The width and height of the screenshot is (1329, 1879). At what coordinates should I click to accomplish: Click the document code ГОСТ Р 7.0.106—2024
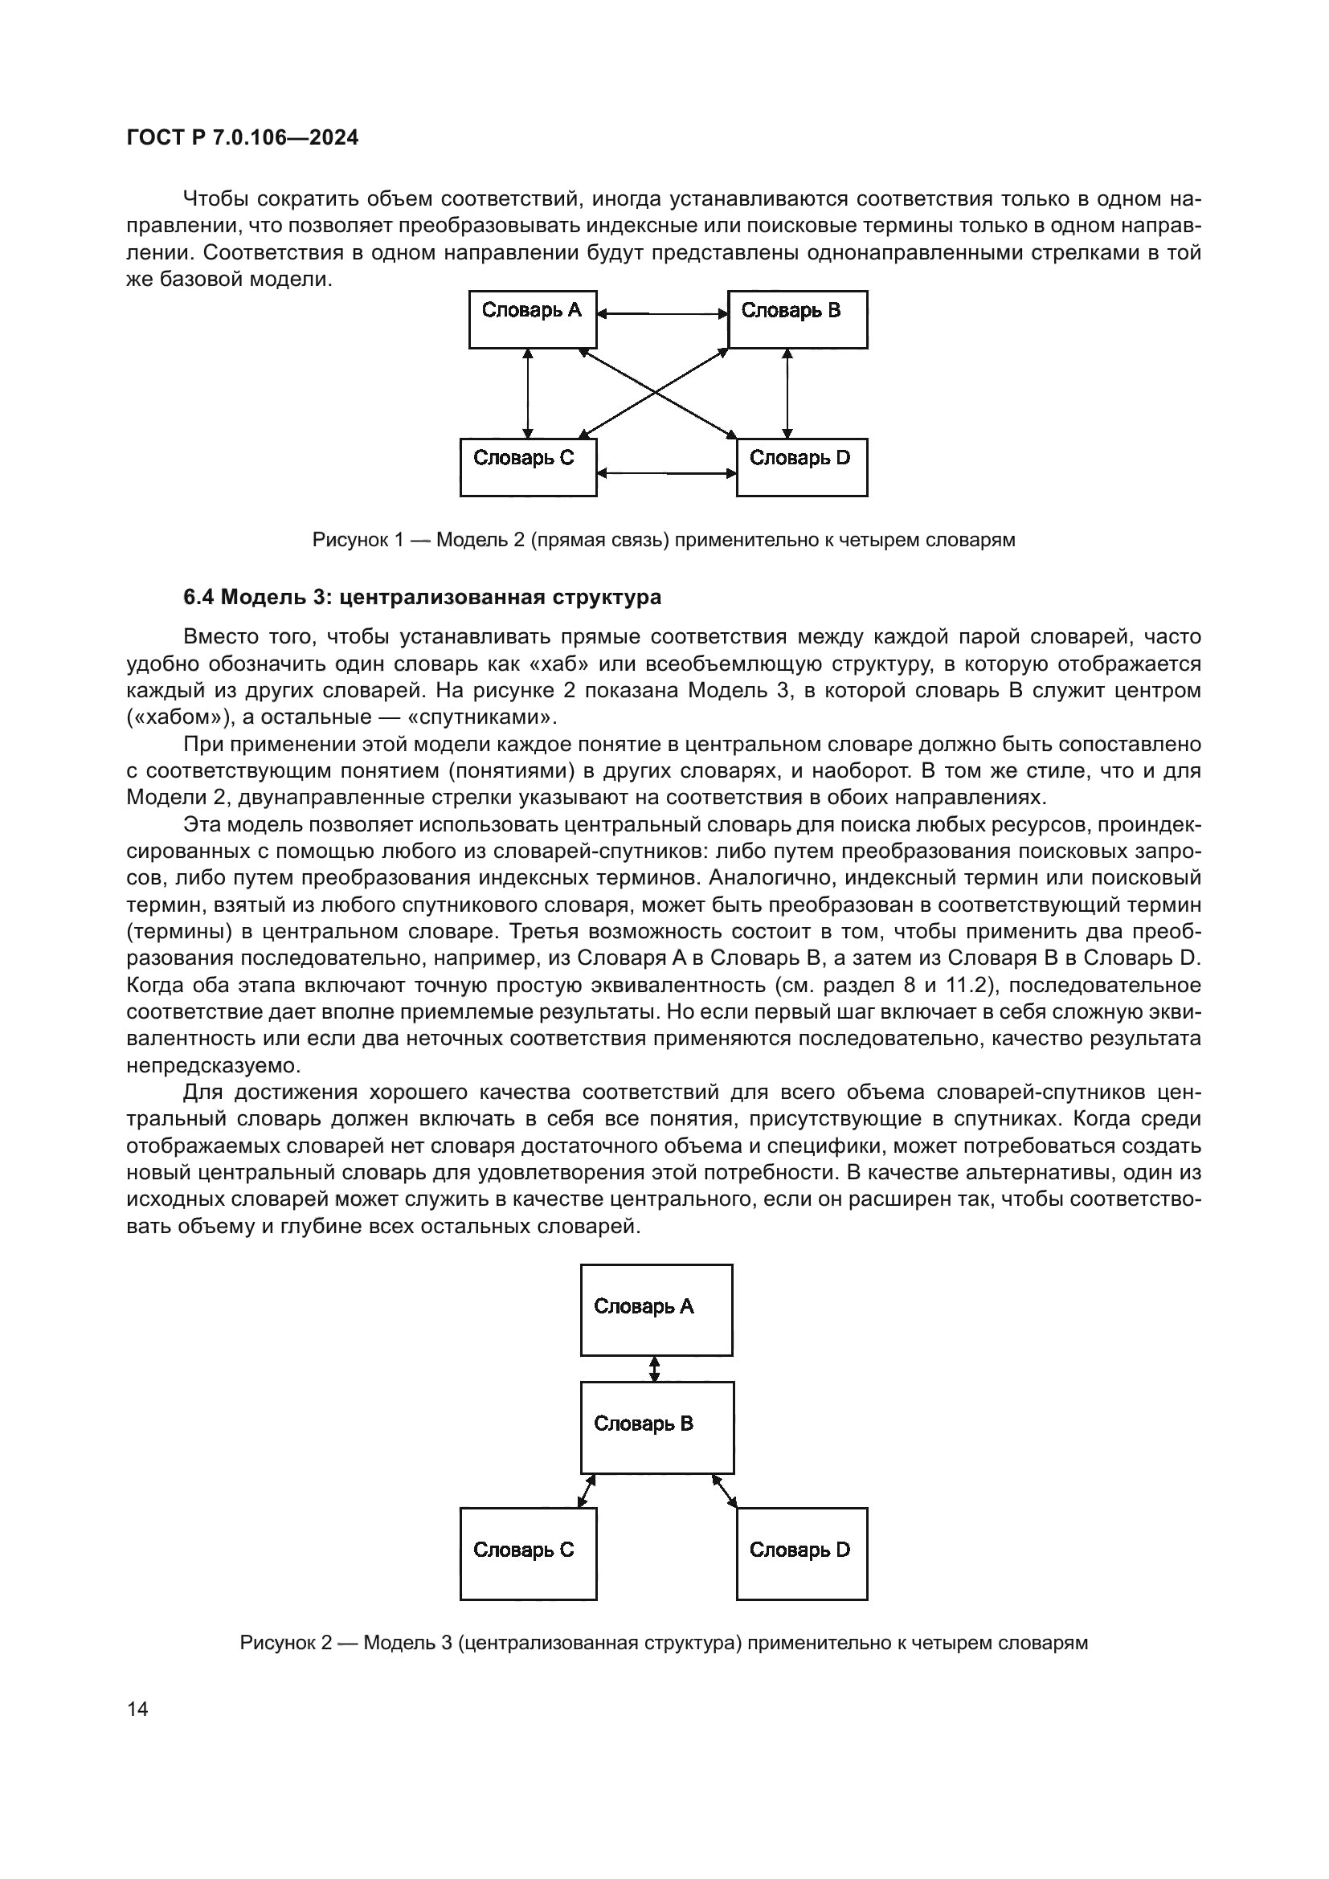[x=242, y=137]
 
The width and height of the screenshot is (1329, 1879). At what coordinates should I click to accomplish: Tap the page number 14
[x=137, y=1709]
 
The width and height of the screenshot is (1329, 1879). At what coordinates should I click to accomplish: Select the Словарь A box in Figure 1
[x=532, y=319]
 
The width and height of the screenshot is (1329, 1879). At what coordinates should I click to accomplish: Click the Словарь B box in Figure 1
[x=797, y=319]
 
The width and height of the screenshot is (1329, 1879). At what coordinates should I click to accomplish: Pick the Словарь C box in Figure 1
[x=528, y=468]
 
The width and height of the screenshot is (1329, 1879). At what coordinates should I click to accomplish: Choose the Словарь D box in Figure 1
[x=801, y=468]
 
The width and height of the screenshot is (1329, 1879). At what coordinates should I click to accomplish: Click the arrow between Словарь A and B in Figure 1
[x=662, y=313]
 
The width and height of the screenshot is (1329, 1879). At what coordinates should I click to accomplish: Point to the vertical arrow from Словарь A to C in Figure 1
[x=528, y=394]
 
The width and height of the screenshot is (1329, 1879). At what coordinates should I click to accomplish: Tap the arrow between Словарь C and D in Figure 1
[x=666, y=472]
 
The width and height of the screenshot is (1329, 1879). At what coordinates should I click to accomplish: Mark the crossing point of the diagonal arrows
[x=656, y=394]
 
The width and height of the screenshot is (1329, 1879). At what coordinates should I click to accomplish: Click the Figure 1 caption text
[x=664, y=540]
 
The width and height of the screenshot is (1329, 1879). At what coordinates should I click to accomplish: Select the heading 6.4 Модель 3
[x=422, y=598]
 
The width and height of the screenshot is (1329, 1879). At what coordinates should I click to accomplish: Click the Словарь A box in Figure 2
[x=656, y=1309]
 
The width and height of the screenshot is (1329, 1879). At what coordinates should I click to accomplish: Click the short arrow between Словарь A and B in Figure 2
[x=654, y=1368]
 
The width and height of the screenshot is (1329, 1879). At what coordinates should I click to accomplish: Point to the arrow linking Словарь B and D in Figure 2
[x=724, y=1490]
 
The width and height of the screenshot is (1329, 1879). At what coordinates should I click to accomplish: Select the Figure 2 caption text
[x=664, y=1643]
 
